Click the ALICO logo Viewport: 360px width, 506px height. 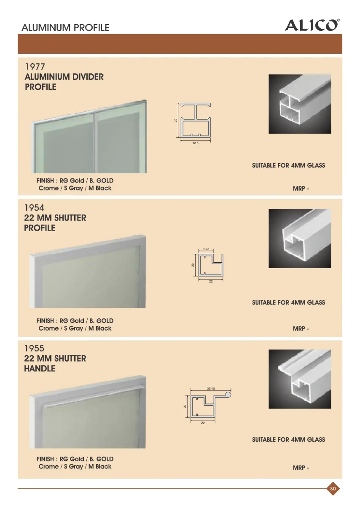coord(312,25)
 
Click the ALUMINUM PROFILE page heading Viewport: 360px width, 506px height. coord(65,27)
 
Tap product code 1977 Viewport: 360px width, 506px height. coord(35,67)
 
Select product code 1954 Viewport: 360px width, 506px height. coord(34,207)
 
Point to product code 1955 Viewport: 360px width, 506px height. coord(34,348)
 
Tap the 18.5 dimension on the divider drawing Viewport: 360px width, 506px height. coord(196,143)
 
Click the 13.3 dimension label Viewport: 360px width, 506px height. coord(206,249)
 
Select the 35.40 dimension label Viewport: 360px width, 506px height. coord(211,388)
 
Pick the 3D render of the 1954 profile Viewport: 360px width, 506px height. coord(300,238)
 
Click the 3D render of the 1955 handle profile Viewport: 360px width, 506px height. coord(300,379)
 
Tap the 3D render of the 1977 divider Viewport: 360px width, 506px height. coord(300,104)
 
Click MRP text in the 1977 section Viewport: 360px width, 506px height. coord(301,188)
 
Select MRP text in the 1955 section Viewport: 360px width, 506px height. coord(301,468)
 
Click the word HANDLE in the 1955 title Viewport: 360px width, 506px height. coord(40,369)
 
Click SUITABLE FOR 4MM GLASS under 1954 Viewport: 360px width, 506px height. coord(288,302)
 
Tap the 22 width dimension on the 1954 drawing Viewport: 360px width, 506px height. coord(211,281)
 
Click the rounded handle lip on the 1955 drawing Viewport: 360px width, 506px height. coord(228,395)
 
